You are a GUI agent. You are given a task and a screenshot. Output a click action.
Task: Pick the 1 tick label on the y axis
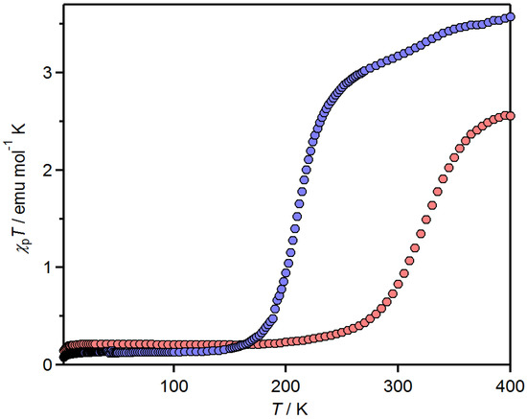pos(48,268)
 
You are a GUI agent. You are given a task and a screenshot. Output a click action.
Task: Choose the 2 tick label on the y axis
pos(48,171)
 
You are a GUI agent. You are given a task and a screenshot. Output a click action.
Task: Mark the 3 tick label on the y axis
pos(48,73)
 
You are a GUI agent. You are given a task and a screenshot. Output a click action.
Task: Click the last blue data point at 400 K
pos(510,18)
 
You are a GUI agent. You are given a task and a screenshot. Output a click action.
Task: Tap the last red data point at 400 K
pos(510,116)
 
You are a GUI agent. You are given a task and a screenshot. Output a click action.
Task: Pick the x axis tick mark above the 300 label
pos(398,361)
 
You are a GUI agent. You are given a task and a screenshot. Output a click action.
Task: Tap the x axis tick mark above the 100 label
pos(173,361)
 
